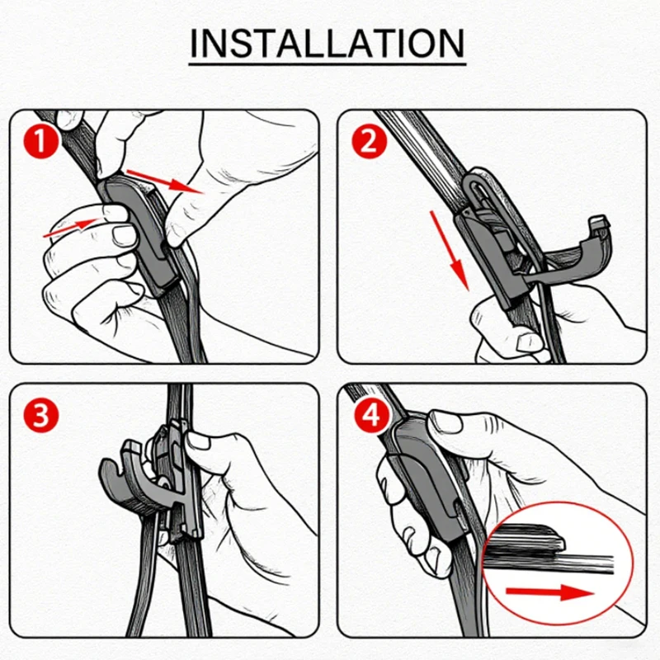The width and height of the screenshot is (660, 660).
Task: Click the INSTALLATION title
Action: click(x=327, y=44)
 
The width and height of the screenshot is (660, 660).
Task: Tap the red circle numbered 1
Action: click(x=40, y=141)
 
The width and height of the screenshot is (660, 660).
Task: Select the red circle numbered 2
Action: click(x=369, y=141)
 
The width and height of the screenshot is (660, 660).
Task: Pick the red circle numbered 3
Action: click(x=40, y=415)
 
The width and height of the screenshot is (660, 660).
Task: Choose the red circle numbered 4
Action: click(x=371, y=417)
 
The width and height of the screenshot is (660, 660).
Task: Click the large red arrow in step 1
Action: click(x=165, y=181)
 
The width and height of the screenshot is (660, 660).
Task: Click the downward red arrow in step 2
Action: click(x=449, y=251)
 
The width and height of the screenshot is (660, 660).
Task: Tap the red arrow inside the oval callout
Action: click(x=549, y=593)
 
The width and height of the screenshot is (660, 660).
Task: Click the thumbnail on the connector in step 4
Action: click(x=447, y=422)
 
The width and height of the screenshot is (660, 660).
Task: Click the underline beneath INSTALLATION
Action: click(x=327, y=65)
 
